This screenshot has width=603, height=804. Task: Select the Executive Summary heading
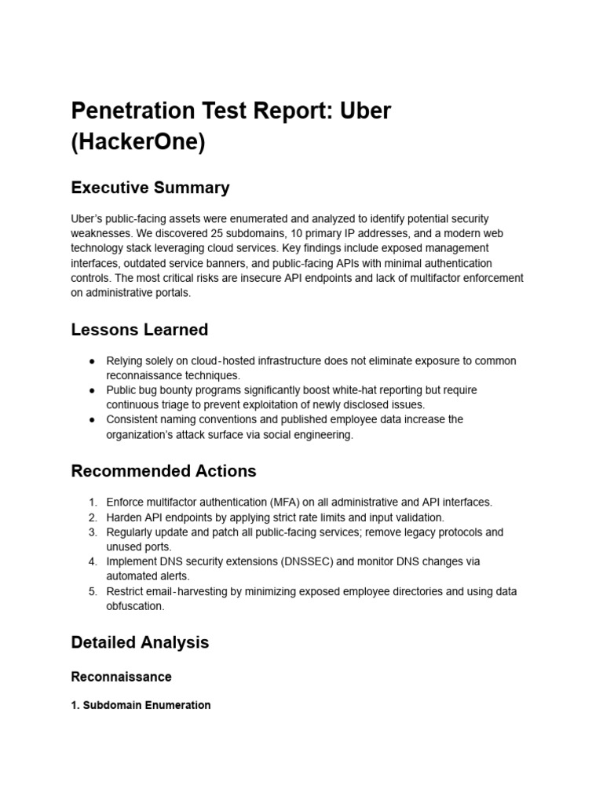point(150,188)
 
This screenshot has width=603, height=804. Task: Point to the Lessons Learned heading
point(139,330)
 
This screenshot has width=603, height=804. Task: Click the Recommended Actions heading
point(163,471)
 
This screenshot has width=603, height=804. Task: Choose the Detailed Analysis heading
point(140,642)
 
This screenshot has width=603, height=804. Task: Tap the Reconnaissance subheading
point(121,676)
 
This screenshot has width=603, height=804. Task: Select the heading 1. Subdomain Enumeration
point(141,705)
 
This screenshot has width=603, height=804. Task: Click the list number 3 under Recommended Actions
point(92,532)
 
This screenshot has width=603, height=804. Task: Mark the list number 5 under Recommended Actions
point(92,591)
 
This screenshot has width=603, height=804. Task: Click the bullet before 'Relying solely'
point(93,360)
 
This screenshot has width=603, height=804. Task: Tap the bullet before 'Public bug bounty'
point(93,390)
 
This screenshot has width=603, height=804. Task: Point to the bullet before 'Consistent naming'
point(93,419)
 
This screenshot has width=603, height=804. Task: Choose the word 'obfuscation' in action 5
point(136,606)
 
